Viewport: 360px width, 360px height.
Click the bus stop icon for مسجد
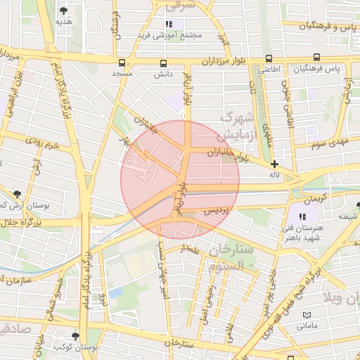[x=123, y=63]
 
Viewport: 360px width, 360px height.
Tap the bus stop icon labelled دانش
[x=163, y=63]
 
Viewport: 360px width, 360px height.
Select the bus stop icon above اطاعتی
[x=269, y=59]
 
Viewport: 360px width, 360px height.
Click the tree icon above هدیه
[x=64, y=11]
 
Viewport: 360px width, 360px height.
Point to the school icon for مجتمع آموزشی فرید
[x=169, y=25]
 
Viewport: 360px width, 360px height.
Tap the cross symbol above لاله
[x=274, y=164]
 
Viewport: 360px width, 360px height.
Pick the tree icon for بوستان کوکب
[x=76, y=337]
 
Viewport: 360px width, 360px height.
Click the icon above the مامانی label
[x=306, y=315]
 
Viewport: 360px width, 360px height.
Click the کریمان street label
[x=316, y=198]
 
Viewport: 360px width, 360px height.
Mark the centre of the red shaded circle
[x=180, y=179]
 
